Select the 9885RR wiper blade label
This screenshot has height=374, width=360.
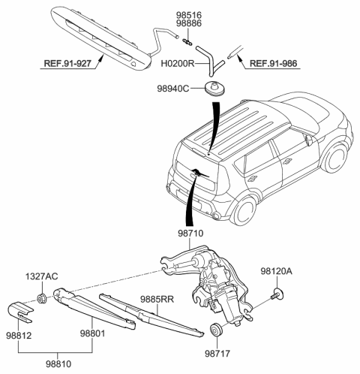[157, 300]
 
